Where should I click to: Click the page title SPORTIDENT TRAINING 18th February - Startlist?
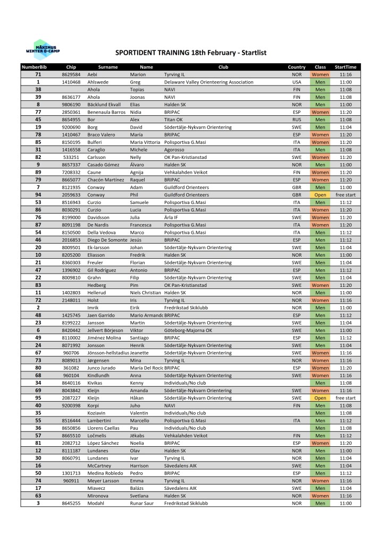click(190, 53)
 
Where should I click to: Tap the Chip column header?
click(71, 67)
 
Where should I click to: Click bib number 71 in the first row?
click(38, 75)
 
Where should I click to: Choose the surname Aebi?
click(92, 75)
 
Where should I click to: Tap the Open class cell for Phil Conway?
click(320, 195)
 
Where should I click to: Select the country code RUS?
click(297, 120)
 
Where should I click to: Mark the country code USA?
click(297, 82)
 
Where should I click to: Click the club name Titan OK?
click(173, 120)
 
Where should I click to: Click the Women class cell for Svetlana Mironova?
click(320, 496)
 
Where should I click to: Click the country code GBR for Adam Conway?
click(297, 188)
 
